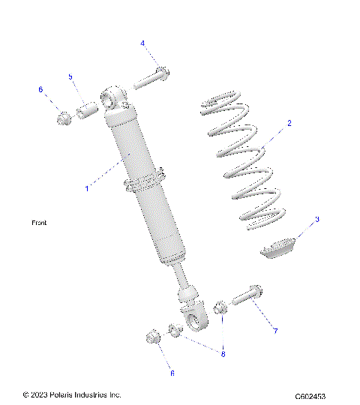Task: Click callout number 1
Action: (x=87, y=188)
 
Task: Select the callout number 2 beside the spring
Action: (x=289, y=122)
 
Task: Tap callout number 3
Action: (x=317, y=219)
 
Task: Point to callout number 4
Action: (x=142, y=43)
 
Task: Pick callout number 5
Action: (x=70, y=77)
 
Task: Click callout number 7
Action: (x=275, y=330)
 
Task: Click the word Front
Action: (x=39, y=223)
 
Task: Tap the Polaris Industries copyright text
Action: (x=72, y=394)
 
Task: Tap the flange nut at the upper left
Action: (x=64, y=118)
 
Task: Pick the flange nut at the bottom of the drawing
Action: (x=149, y=337)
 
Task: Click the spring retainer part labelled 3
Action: (x=280, y=247)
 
